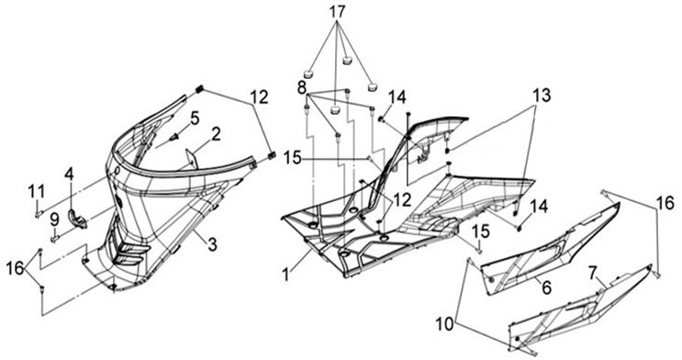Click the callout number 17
(337, 12)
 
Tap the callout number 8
(302, 87)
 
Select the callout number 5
(195, 118)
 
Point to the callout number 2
(216, 134)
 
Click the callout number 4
(69, 174)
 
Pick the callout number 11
(37, 192)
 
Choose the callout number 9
(54, 219)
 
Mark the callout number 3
(212, 245)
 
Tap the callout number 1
(285, 276)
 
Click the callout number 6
(546, 287)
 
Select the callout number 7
(592, 273)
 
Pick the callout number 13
(542, 95)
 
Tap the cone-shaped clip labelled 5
(175, 137)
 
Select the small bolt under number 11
(38, 213)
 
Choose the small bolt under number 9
(55, 238)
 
